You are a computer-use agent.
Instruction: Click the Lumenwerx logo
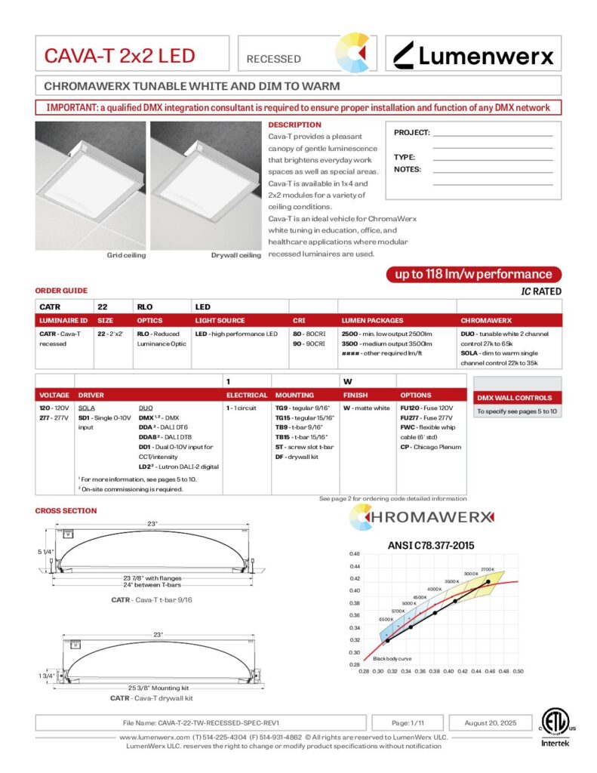tap(474, 56)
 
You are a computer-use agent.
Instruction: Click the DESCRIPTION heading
tap(294, 125)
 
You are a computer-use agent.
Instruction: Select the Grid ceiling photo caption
tap(126, 255)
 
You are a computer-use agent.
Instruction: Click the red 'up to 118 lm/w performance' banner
tap(473, 274)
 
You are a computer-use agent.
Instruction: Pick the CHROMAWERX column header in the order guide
tap(486, 321)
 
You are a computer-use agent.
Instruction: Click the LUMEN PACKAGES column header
tap(372, 321)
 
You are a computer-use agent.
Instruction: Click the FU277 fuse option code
tap(411, 417)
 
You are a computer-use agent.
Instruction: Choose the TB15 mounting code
tap(282, 437)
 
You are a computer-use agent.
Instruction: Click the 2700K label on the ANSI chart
tap(487, 569)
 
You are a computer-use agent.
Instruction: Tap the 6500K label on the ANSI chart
tap(386, 619)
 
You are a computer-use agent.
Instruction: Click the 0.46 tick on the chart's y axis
tap(355, 554)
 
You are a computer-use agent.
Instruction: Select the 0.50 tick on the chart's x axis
tap(519, 670)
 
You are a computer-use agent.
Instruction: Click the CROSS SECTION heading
tap(66, 511)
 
